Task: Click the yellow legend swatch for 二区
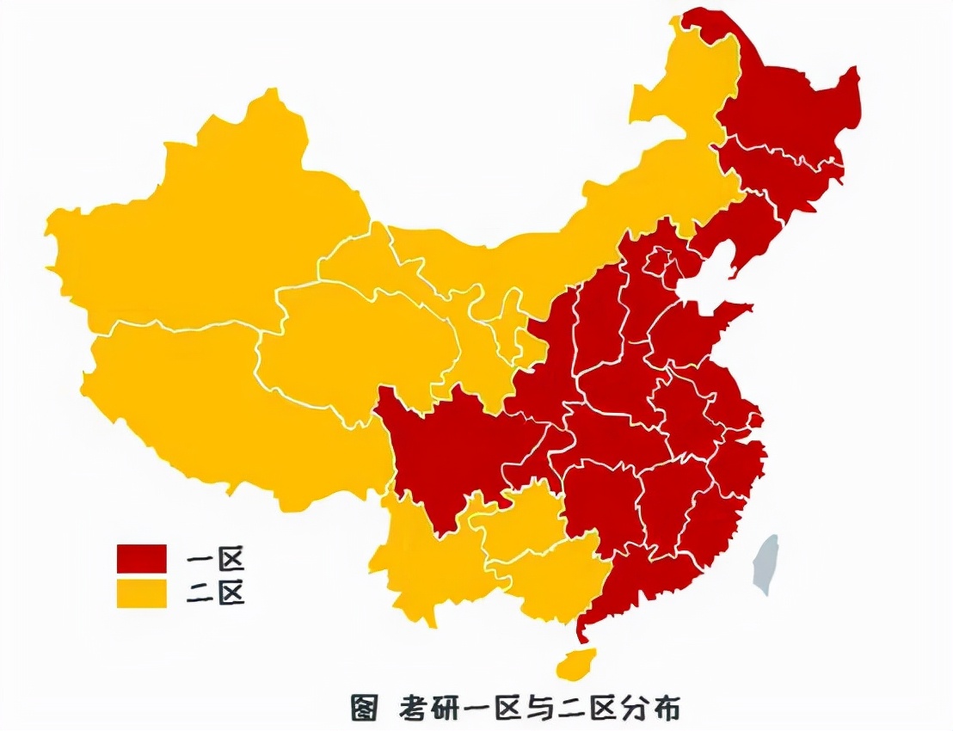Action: click(142, 593)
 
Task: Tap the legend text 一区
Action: click(216, 560)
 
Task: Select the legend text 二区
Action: click(216, 593)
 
